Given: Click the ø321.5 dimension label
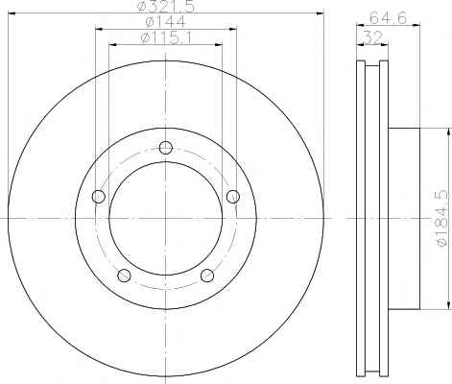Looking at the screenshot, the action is click(165, 6).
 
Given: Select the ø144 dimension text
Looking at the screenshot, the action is click(165, 22).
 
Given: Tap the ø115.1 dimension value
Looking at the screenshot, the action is click(166, 37).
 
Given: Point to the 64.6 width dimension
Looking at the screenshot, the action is click(388, 18).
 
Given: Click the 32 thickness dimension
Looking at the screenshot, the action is click(373, 38).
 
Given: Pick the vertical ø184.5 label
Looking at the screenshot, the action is click(442, 218).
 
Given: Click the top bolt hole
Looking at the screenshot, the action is click(166, 148).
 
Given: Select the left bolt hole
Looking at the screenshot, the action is click(99, 197).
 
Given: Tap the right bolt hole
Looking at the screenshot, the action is click(233, 197).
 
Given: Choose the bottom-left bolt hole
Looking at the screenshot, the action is click(124, 276).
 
